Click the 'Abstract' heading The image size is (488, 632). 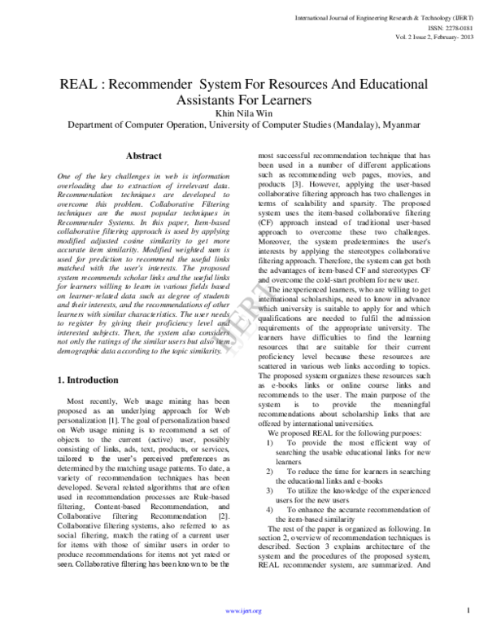click(143, 156)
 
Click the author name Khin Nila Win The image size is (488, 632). click(244, 113)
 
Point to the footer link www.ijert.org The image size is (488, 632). click(244, 610)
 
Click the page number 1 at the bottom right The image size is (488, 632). click(469, 609)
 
